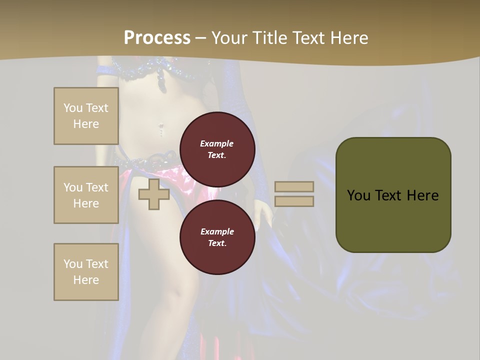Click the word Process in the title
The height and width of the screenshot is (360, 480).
157,38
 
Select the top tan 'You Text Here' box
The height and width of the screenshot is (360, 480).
86,116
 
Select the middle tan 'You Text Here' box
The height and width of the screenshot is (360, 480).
86,195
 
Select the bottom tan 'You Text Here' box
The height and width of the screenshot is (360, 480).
86,272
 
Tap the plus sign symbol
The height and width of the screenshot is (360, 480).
154,194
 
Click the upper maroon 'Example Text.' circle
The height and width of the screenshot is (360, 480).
217,149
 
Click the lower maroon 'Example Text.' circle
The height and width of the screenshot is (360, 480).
217,237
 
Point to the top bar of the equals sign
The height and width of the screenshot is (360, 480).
294,187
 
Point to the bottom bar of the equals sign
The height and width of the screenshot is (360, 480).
294,201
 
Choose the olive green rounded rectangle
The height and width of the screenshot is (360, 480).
393,195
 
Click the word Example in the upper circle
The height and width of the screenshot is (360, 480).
217,143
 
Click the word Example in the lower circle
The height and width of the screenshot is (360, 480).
217,231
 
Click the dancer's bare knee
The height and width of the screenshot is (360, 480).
172,295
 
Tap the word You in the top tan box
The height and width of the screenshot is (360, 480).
73,108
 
